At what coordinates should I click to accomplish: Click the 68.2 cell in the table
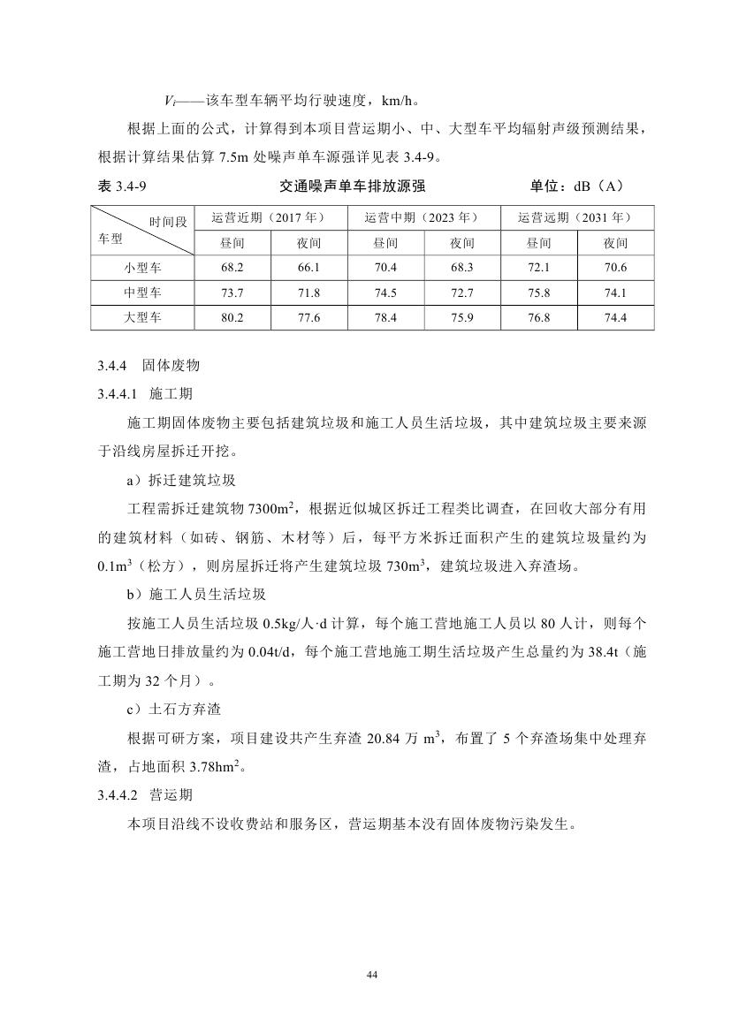(232, 267)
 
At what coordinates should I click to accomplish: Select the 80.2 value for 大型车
(232, 317)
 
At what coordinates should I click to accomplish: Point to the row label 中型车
(143, 292)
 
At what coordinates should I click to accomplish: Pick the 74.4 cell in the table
(615, 317)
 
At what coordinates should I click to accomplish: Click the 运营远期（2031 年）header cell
(577, 217)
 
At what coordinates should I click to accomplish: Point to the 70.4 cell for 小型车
(385, 267)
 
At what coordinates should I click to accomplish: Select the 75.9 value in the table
(462, 317)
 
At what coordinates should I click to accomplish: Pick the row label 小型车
(143, 267)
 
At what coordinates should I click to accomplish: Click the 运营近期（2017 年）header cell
(270, 217)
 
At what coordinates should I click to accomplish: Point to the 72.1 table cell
(538, 267)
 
